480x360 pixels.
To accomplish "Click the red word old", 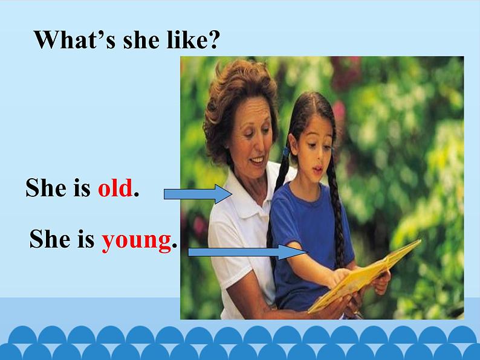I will (x=115, y=188).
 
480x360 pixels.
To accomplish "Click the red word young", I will (x=136, y=240).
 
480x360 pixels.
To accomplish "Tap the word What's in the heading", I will (x=68, y=40).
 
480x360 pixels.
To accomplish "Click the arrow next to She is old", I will (x=198, y=194).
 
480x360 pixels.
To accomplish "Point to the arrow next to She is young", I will (x=248, y=251).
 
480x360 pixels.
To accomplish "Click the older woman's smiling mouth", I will (x=257, y=162).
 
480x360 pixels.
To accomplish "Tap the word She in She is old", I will (x=45, y=188).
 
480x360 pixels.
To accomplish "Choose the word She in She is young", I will (x=50, y=240).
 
